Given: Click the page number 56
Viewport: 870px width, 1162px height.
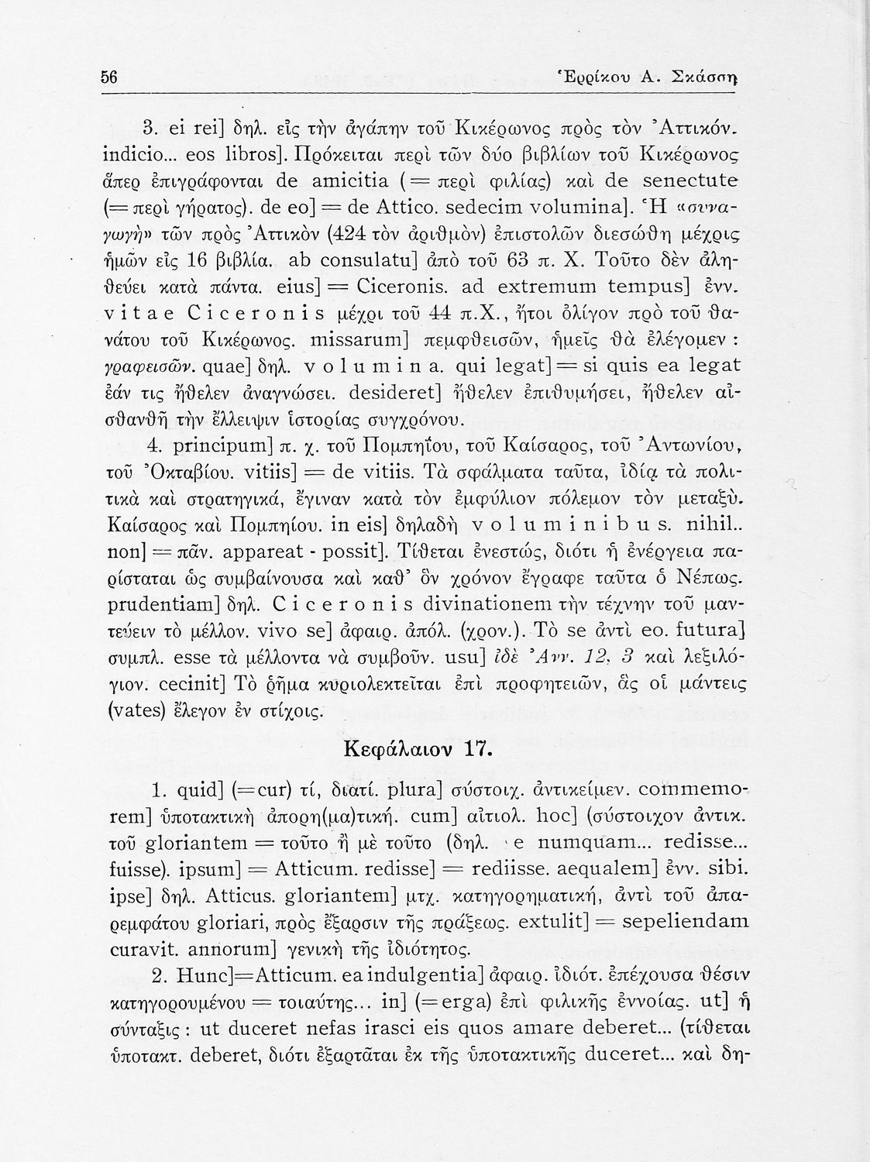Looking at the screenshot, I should (109, 77).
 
